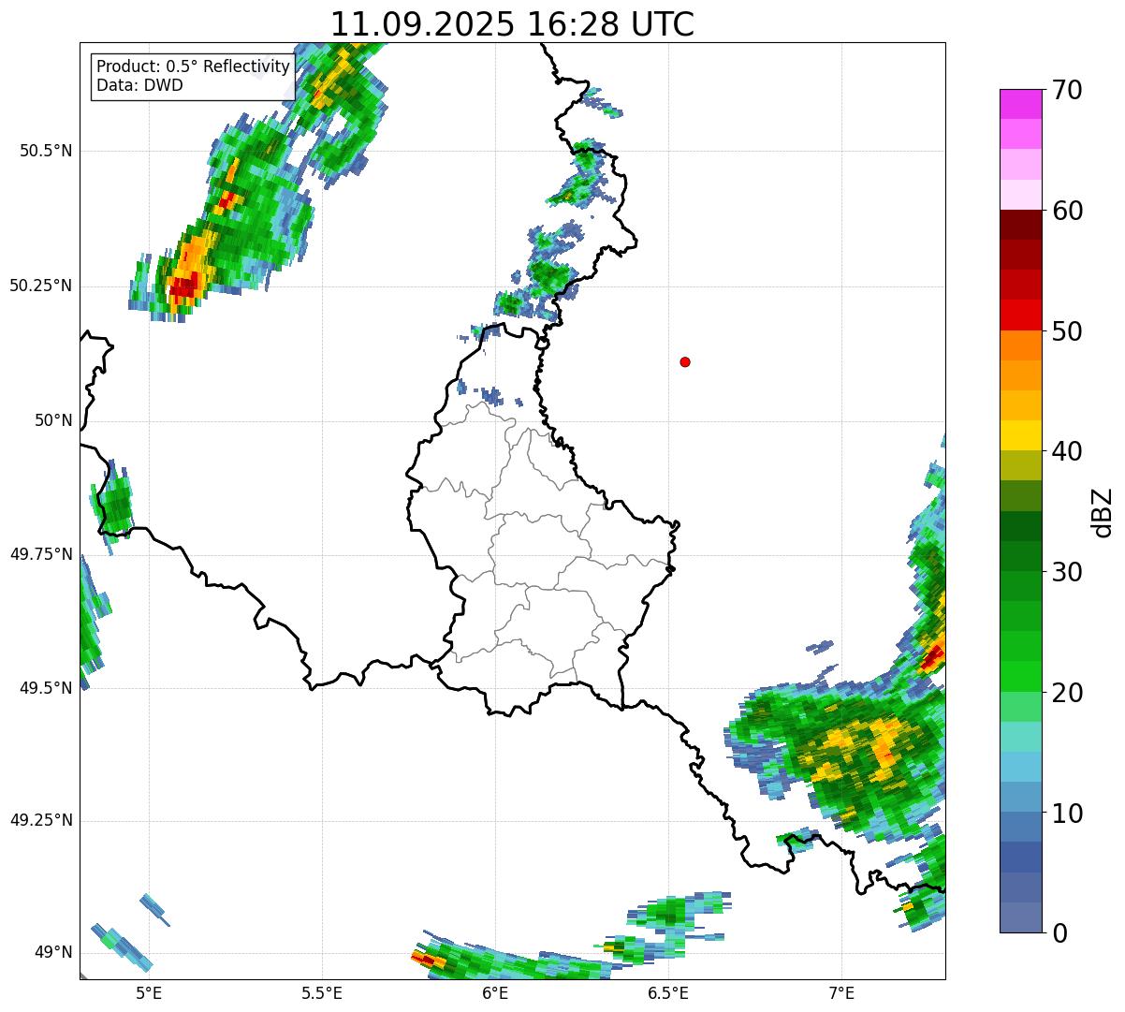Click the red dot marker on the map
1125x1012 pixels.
click(685, 361)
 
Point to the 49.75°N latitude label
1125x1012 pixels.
click(41, 554)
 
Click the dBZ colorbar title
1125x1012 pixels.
click(1103, 512)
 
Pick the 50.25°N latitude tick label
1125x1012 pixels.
click(41, 286)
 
